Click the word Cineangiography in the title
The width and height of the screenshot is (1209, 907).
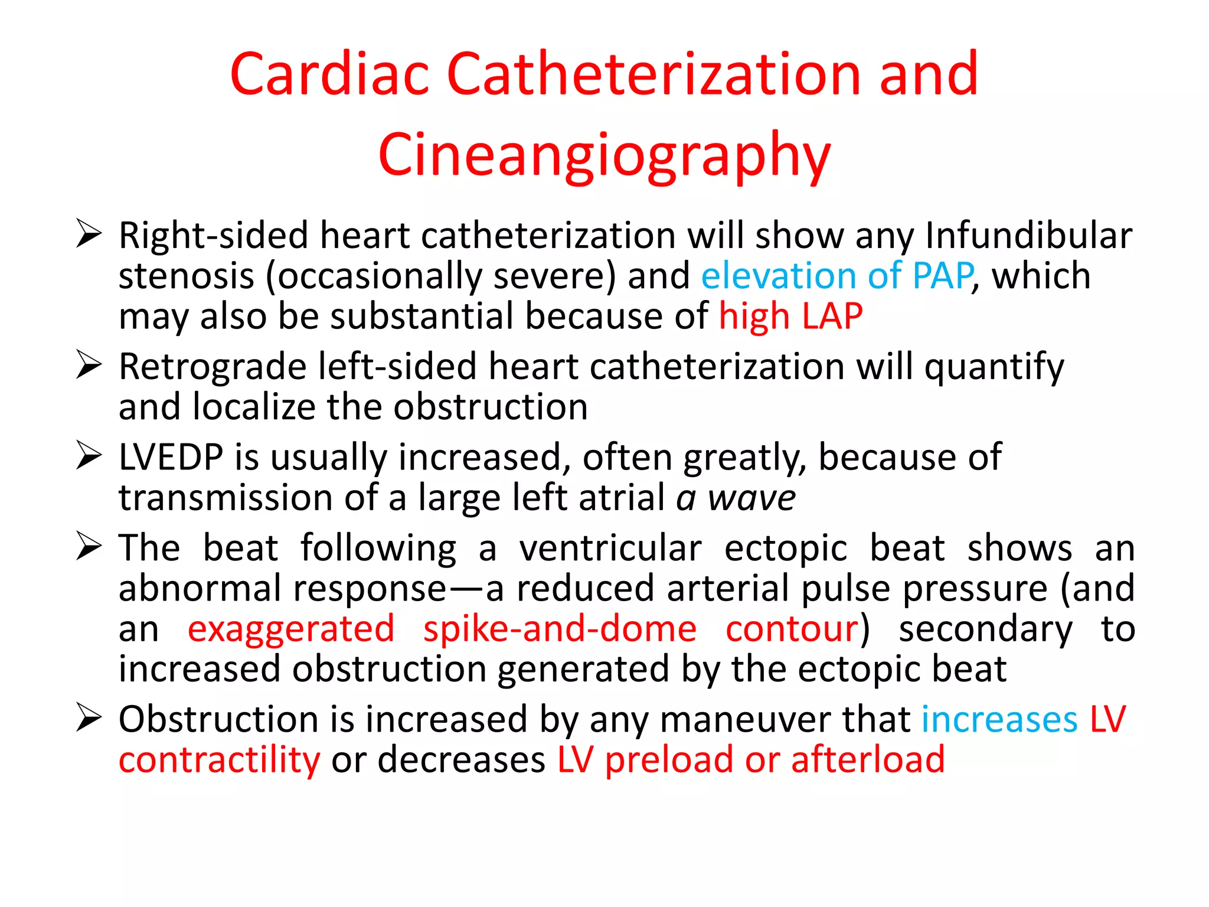(604, 155)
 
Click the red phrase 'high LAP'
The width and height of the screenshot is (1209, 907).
(790, 317)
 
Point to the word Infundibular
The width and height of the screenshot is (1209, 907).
(1028, 236)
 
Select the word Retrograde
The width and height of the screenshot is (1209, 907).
(213, 367)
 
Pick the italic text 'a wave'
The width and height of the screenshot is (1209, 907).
(736, 498)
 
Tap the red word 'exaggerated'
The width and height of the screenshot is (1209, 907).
(290, 629)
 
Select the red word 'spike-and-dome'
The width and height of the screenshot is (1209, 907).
(560, 629)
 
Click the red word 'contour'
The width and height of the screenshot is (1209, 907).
(792, 629)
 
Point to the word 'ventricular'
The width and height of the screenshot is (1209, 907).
(610, 549)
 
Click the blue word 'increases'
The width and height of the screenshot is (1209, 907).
(999, 720)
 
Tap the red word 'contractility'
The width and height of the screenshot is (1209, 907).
(219, 760)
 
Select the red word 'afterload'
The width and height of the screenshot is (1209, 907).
(868, 760)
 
